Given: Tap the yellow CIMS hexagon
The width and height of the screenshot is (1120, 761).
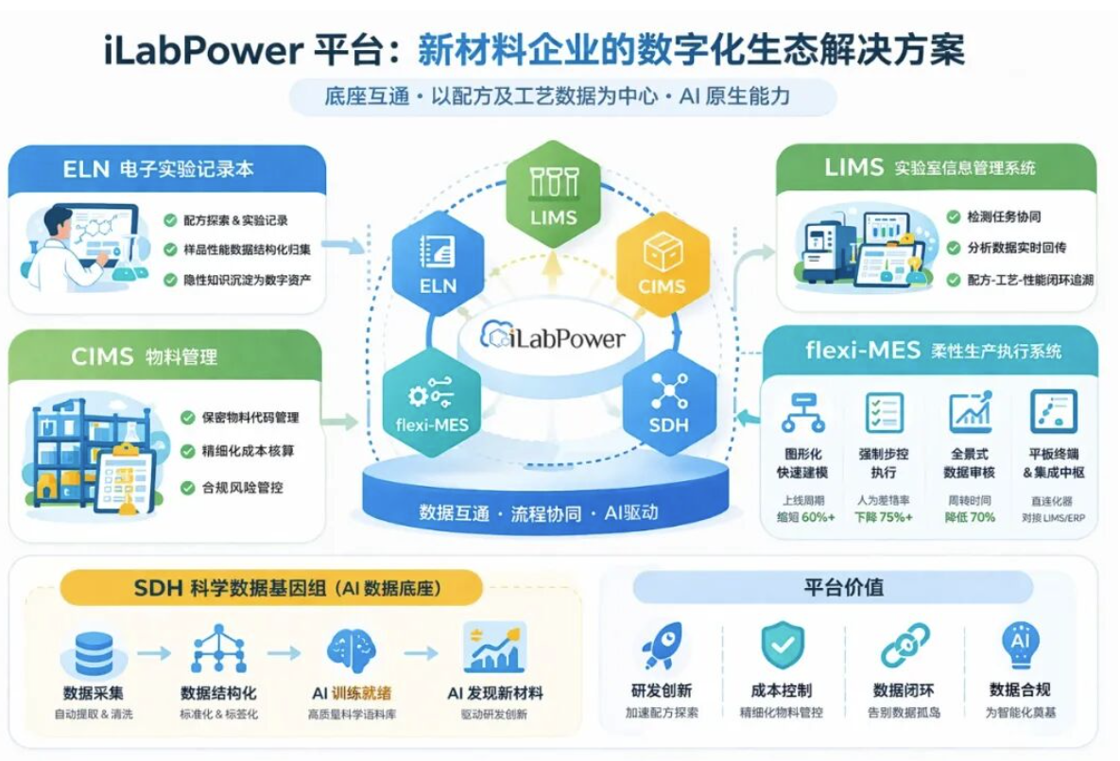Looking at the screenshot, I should pos(662,261).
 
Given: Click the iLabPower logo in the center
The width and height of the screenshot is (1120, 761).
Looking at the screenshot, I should pos(553,337).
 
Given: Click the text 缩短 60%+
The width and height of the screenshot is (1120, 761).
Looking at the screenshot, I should pos(805,517).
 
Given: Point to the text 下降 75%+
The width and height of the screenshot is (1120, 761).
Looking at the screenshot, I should pos(884,517).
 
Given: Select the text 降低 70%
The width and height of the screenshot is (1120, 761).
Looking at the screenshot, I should pos(970,517).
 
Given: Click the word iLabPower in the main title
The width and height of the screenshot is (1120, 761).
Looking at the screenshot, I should pos(200,49).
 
